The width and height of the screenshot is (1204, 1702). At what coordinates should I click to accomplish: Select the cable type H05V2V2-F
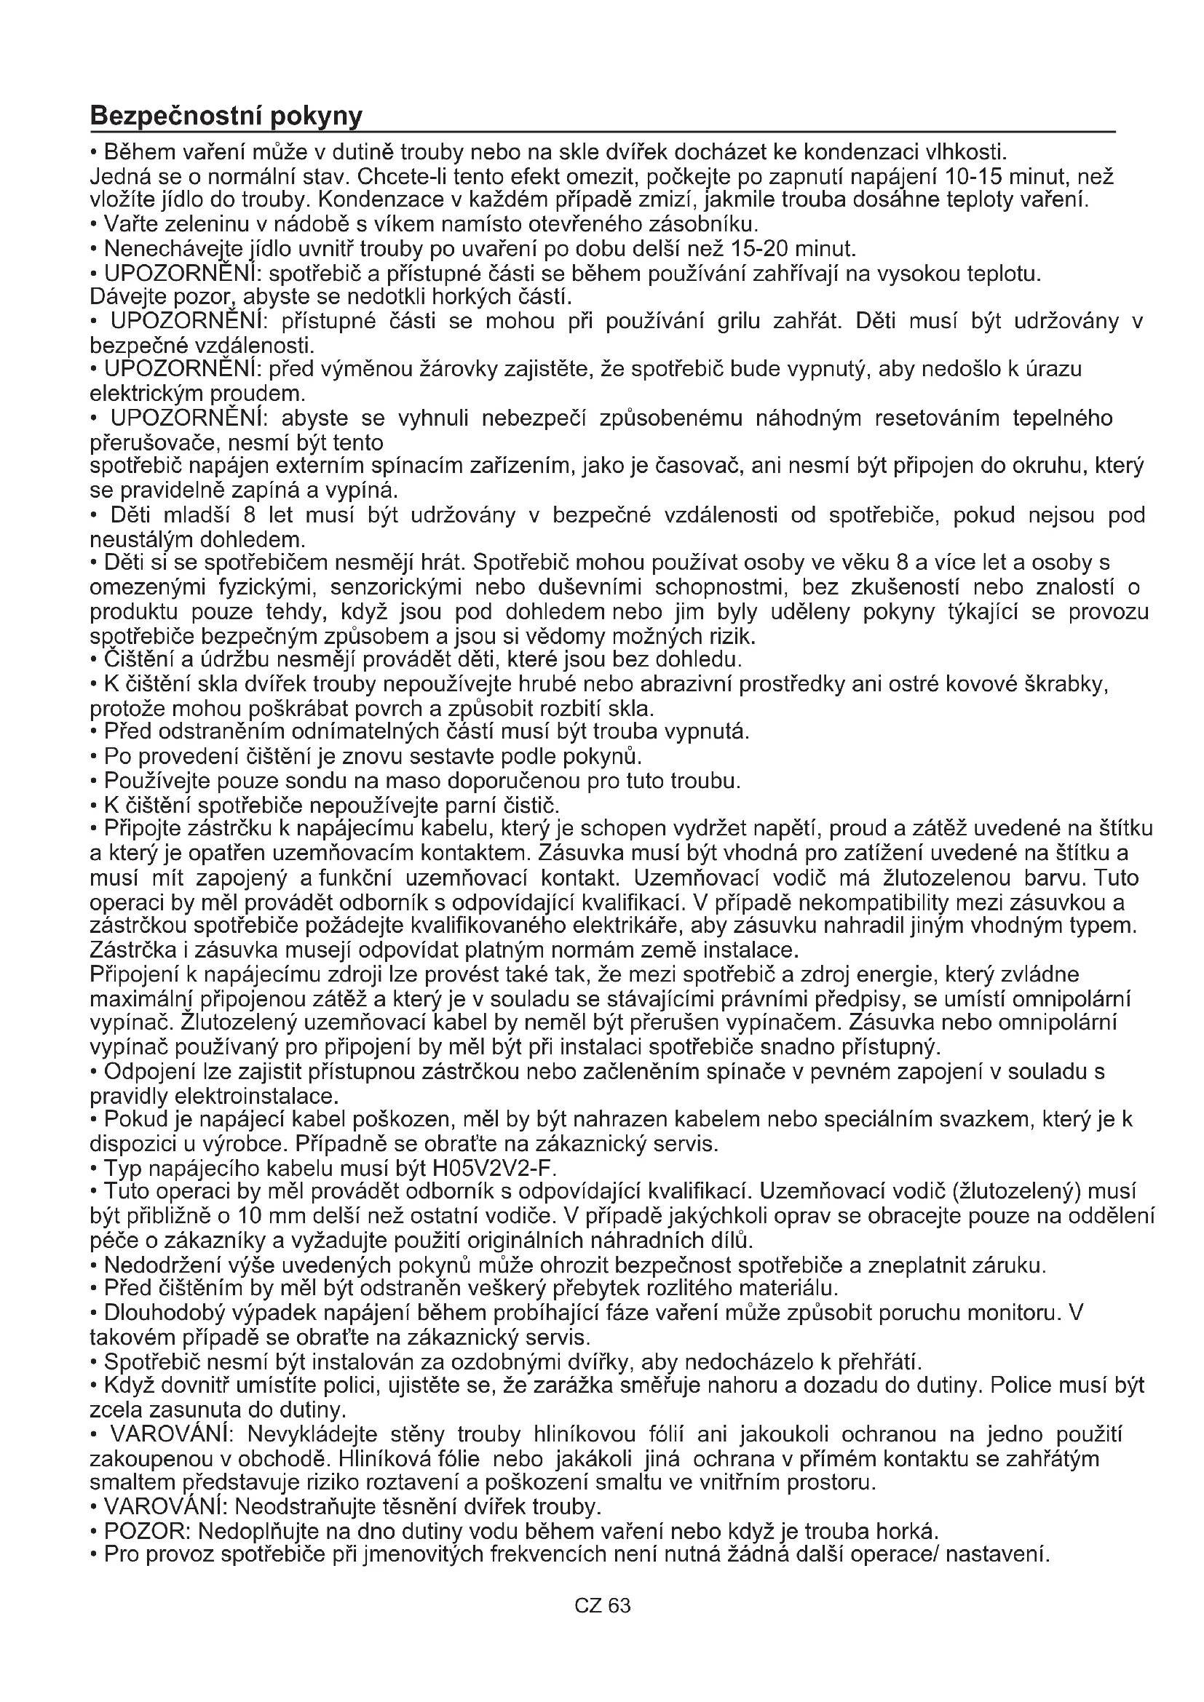coord(494,1169)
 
